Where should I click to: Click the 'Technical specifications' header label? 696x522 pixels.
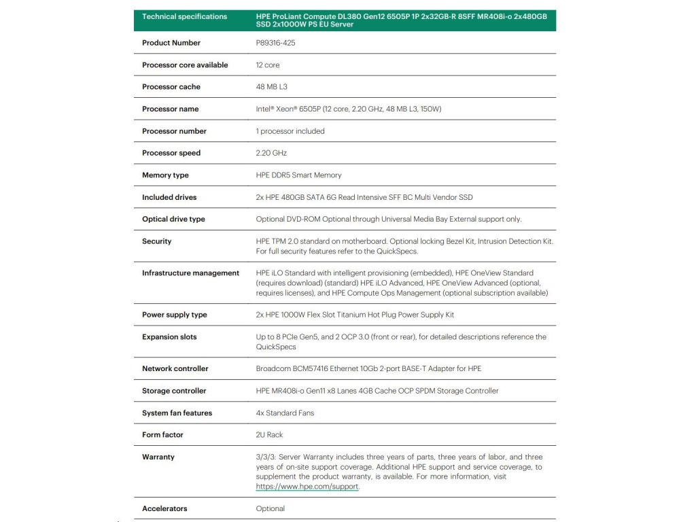184,16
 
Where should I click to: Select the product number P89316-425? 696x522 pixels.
275,43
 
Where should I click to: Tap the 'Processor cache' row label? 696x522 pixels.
171,87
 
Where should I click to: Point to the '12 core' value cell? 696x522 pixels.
268,65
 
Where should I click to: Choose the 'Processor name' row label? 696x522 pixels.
171,109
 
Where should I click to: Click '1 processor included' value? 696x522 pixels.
290,131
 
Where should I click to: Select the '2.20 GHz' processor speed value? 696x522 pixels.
271,153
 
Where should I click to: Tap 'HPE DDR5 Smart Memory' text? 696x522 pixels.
298,175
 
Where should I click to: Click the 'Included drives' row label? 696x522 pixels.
169,197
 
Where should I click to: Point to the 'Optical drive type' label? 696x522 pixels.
173,220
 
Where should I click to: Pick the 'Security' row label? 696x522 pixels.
157,241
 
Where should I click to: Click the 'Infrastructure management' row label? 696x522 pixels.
190,273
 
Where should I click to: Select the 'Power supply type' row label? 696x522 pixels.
175,315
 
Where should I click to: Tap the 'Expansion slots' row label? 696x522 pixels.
169,337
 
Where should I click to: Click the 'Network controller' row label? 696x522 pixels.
175,368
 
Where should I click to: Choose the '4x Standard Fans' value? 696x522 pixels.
285,413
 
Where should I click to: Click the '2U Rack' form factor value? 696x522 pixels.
269,435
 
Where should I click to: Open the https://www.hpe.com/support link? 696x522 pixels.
307,487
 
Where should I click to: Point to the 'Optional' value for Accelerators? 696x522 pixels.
271,508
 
